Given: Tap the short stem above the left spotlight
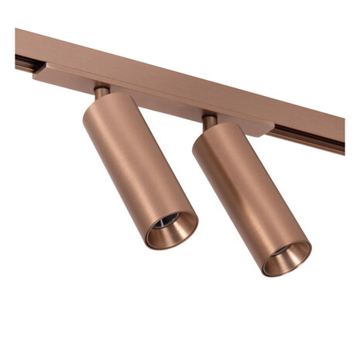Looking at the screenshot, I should pyautogui.click(x=101, y=91).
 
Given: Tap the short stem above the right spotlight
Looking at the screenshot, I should pyautogui.click(x=208, y=120).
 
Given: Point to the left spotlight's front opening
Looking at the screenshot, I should pyautogui.click(x=171, y=229).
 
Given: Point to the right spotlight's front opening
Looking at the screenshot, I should pyautogui.click(x=286, y=258).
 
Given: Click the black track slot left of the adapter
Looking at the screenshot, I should pyautogui.click(x=23, y=62).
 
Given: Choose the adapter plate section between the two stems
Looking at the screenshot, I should pyautogui.click(x=155, y=101).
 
